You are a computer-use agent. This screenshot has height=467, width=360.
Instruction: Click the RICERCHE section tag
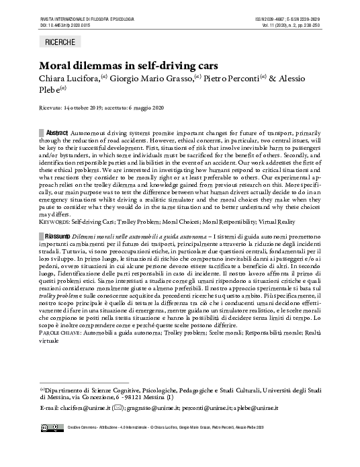(x=60, y=42)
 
